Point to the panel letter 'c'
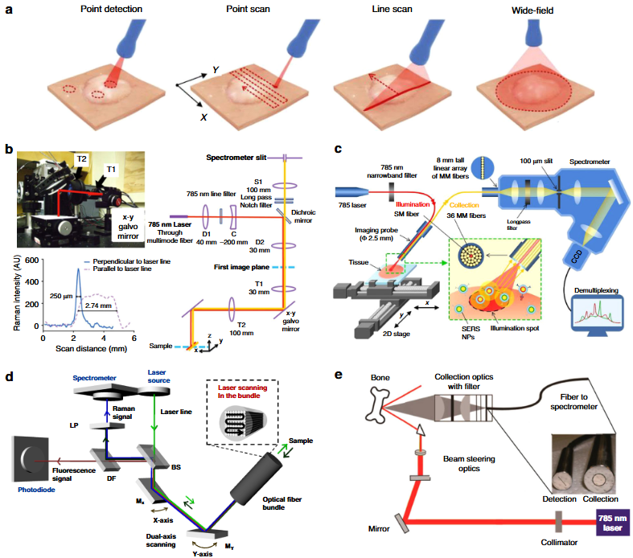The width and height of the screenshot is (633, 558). [339, 150]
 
